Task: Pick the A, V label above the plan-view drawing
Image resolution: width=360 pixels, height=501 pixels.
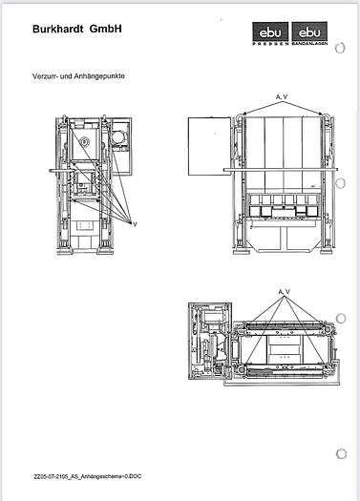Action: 283,290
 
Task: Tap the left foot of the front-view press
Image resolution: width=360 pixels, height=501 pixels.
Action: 241,256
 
